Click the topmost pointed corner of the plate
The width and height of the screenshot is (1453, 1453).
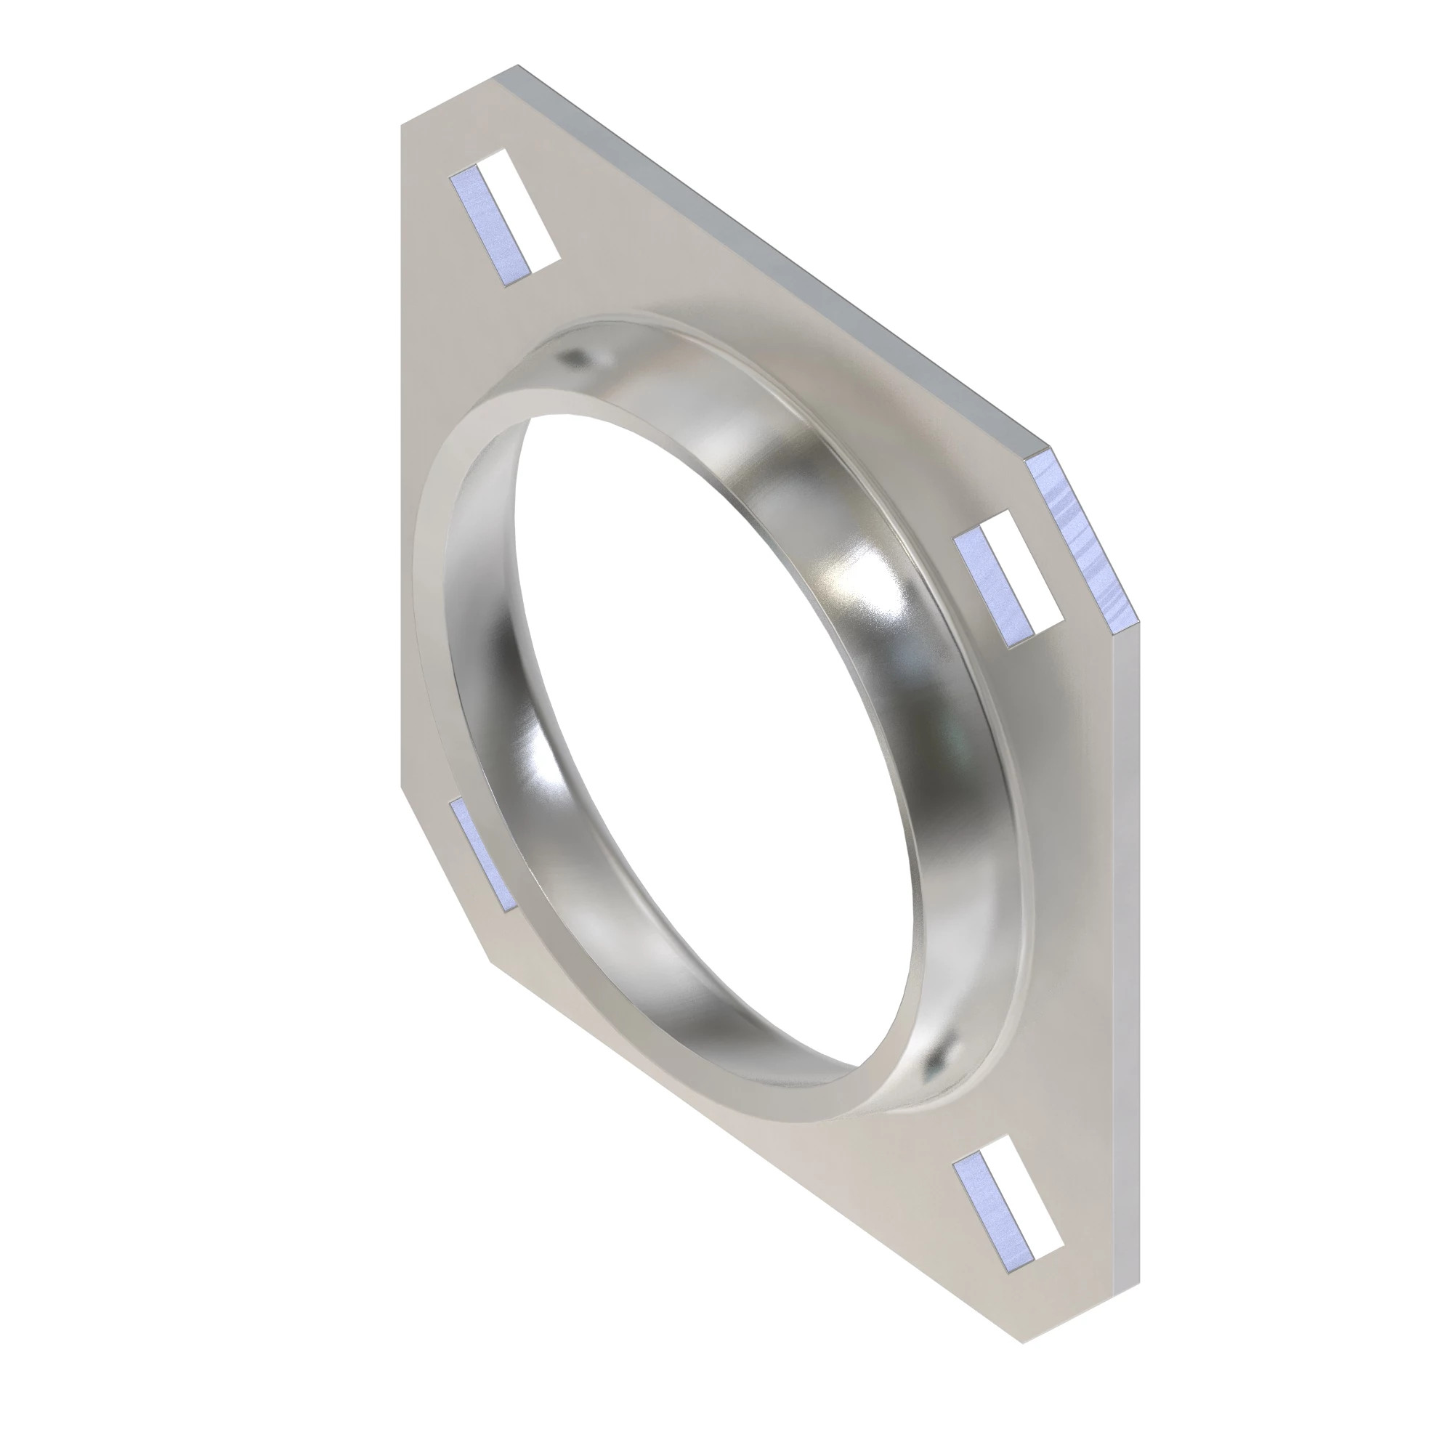[x=517, y=67]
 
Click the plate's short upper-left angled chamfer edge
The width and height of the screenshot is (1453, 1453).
[x=458, y=94]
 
